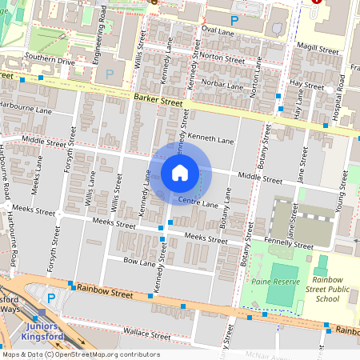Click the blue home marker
click(180, 173)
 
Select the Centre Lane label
click(198, 203)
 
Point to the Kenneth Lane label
click(214, 140)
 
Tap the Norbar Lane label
click(222, 84)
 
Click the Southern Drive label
click(50, 59)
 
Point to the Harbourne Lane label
click(26, 105)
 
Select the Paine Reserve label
click(274, 282)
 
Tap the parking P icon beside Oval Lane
click(234, 19)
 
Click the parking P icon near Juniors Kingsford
click(51, 298)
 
